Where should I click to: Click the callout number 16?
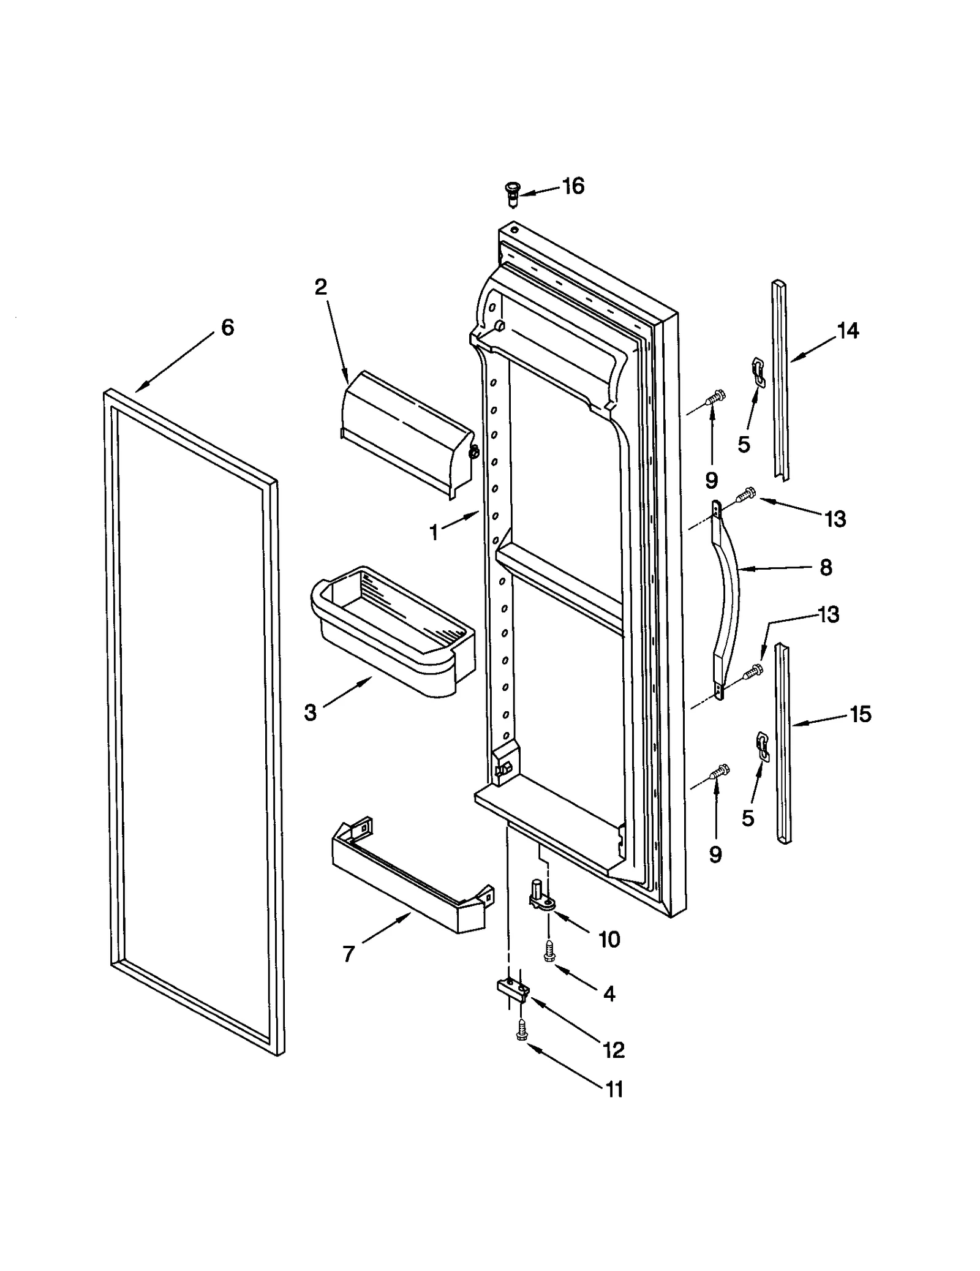coord(573,186)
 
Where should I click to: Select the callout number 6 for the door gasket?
coord(227,328)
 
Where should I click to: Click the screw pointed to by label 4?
coord(549,952)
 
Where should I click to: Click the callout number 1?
coord(434,533)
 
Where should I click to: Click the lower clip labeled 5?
coord(763,747)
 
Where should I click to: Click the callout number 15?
coord(861,714)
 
